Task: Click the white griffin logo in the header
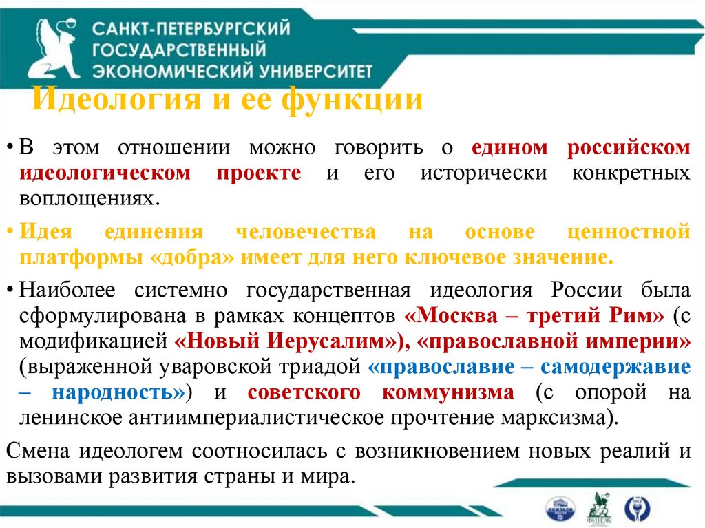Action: click(54, 47)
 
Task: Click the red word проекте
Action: click(260, 173)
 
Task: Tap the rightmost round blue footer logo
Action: click(638, 507)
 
